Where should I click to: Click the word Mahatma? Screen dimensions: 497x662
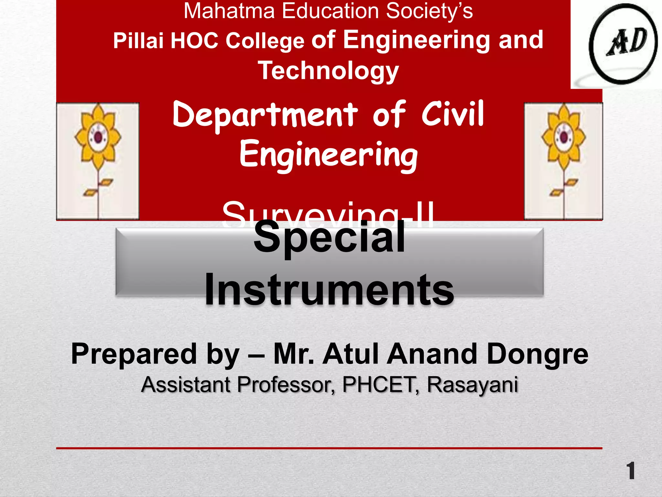[229, 11]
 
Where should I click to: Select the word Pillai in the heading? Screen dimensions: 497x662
[138, 41]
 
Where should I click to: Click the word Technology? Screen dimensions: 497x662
[328, 71]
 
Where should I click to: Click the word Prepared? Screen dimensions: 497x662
[133, 354]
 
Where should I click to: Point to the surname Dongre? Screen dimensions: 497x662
[537, 354]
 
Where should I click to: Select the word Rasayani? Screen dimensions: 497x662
[472, 385]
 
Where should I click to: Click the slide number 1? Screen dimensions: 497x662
[630, 471]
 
